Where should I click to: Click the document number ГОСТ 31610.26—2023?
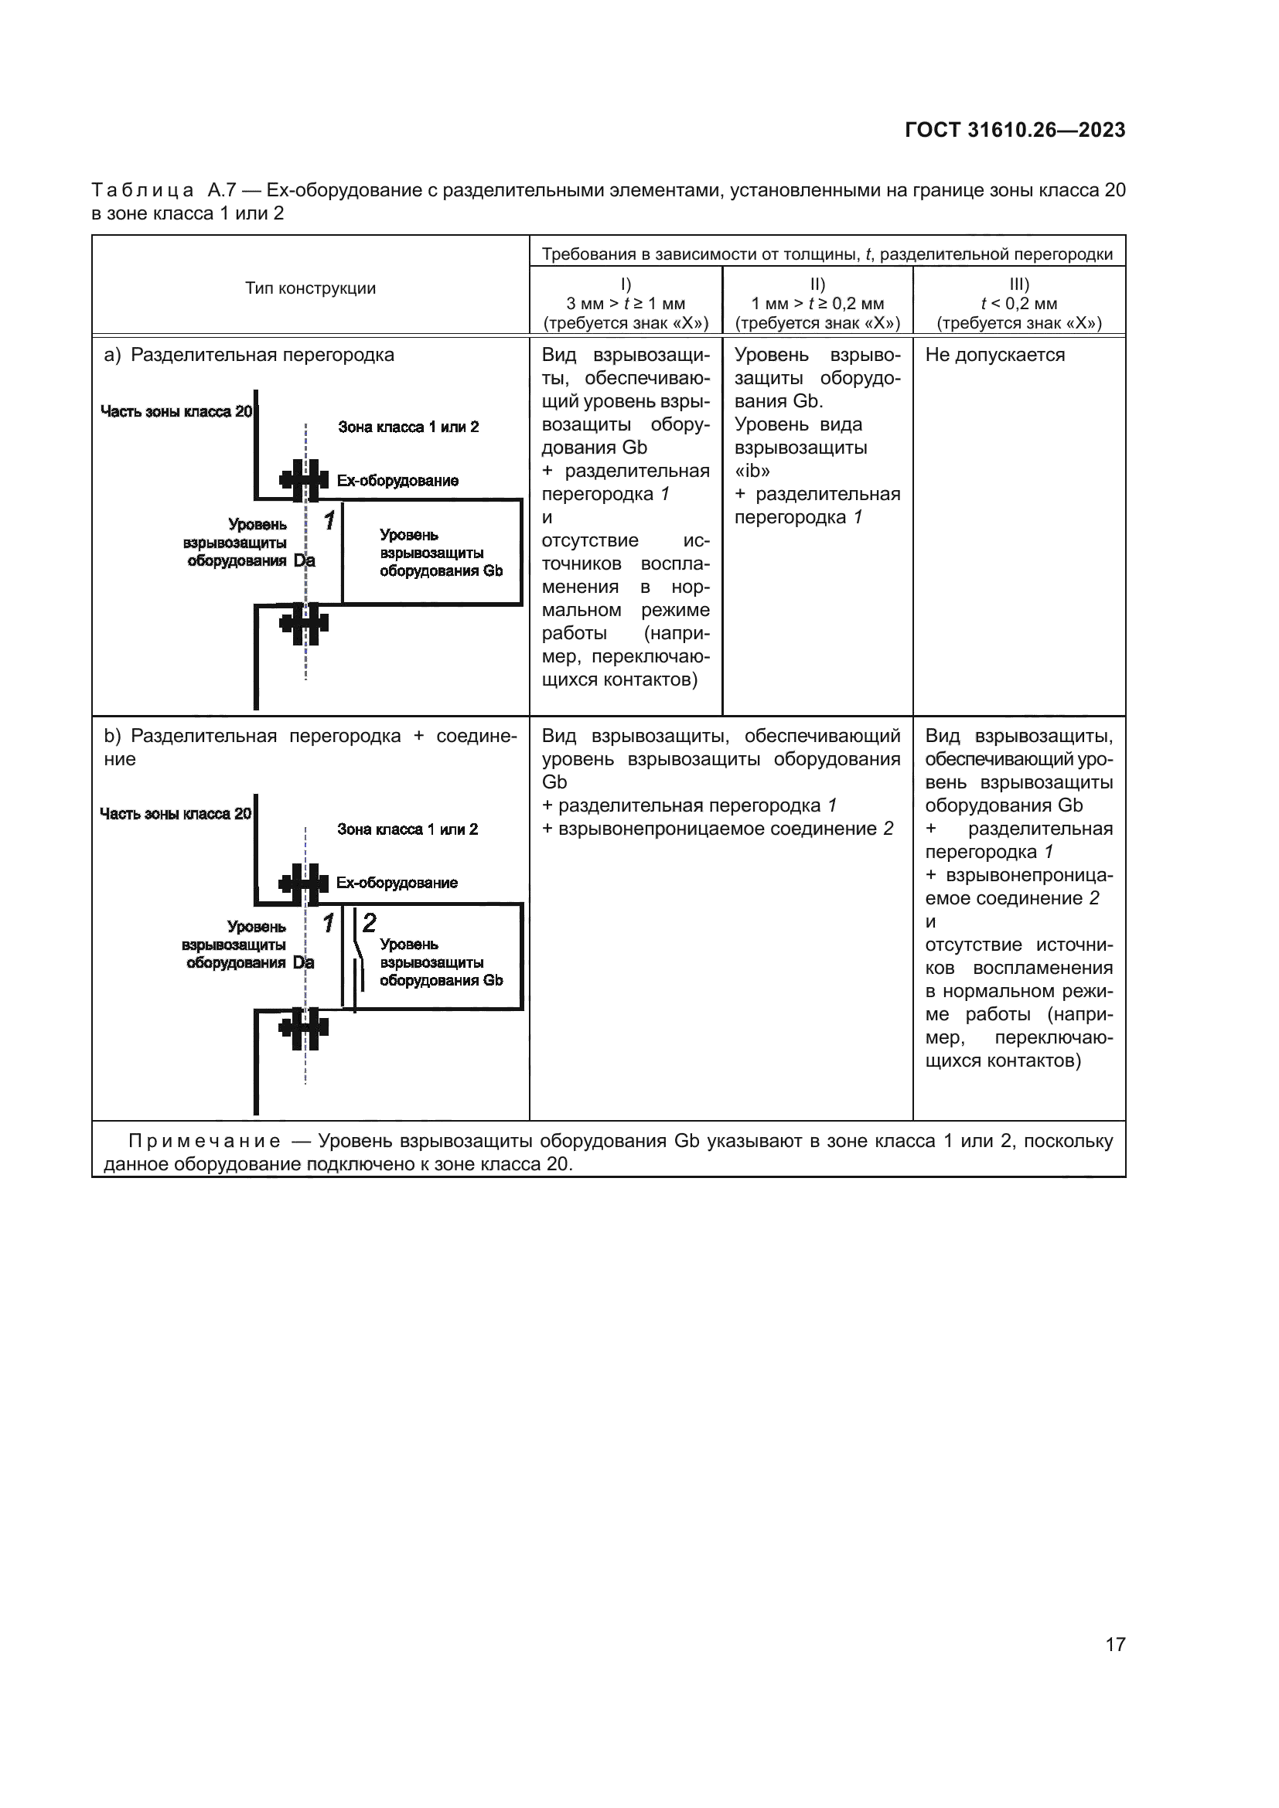tap(1015, 131)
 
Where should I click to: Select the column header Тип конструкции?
tap(310, 288)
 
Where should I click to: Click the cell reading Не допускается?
tap(994, 355)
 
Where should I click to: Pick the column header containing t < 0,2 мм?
tap(1019, 303)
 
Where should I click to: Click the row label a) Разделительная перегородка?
tap(250, 355)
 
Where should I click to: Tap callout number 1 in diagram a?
tap(329, 520)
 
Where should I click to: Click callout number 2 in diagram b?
tap(370, 922)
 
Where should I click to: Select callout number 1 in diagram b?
tap(329, 922)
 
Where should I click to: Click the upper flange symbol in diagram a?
tap(304, 479)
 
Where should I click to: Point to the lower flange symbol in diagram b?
tap(304, 1027)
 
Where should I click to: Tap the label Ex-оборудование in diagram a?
tap(397, 480)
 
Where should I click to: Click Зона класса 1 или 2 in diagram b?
tap(408, 829)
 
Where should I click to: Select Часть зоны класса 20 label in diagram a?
tap(176, 411)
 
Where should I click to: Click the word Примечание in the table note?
tap(204, 1141)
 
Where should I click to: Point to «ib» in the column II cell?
tap(752, 471)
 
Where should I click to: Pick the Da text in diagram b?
tap(303, 963)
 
